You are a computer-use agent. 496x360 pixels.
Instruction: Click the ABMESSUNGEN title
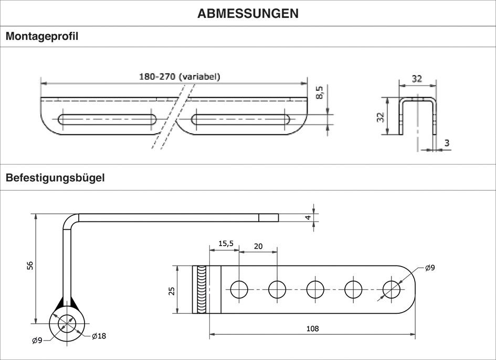point(248,14)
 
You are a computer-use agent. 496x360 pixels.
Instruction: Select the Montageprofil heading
point(42,37)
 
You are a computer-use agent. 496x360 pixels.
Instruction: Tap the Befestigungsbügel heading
point(55,178)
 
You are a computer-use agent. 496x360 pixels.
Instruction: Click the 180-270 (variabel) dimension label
point(180,76)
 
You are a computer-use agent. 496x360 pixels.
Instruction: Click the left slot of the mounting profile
point(107,119)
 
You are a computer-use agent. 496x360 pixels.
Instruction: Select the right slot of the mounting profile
point(242,119)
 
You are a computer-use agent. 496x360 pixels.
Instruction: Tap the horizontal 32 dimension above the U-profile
point(417,79)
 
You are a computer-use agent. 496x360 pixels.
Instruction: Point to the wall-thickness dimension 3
point(447,143)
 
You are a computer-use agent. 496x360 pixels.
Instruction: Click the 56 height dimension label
point(30,267)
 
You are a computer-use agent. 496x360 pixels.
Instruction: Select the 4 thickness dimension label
point(308,217)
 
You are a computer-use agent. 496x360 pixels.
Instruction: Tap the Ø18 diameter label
point(99,336)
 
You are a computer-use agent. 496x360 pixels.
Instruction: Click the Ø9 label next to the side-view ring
point(37,341)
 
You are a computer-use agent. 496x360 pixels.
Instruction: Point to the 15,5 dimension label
point(225,243)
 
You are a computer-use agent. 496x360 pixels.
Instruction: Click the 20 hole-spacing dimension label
point(258,246)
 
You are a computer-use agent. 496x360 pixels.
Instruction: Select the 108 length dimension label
point(313,329)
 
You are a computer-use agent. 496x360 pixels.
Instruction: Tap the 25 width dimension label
point(172,290)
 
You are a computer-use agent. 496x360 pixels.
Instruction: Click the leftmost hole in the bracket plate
point(239,289)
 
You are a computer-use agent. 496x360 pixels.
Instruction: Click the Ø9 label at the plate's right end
point(429,268)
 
